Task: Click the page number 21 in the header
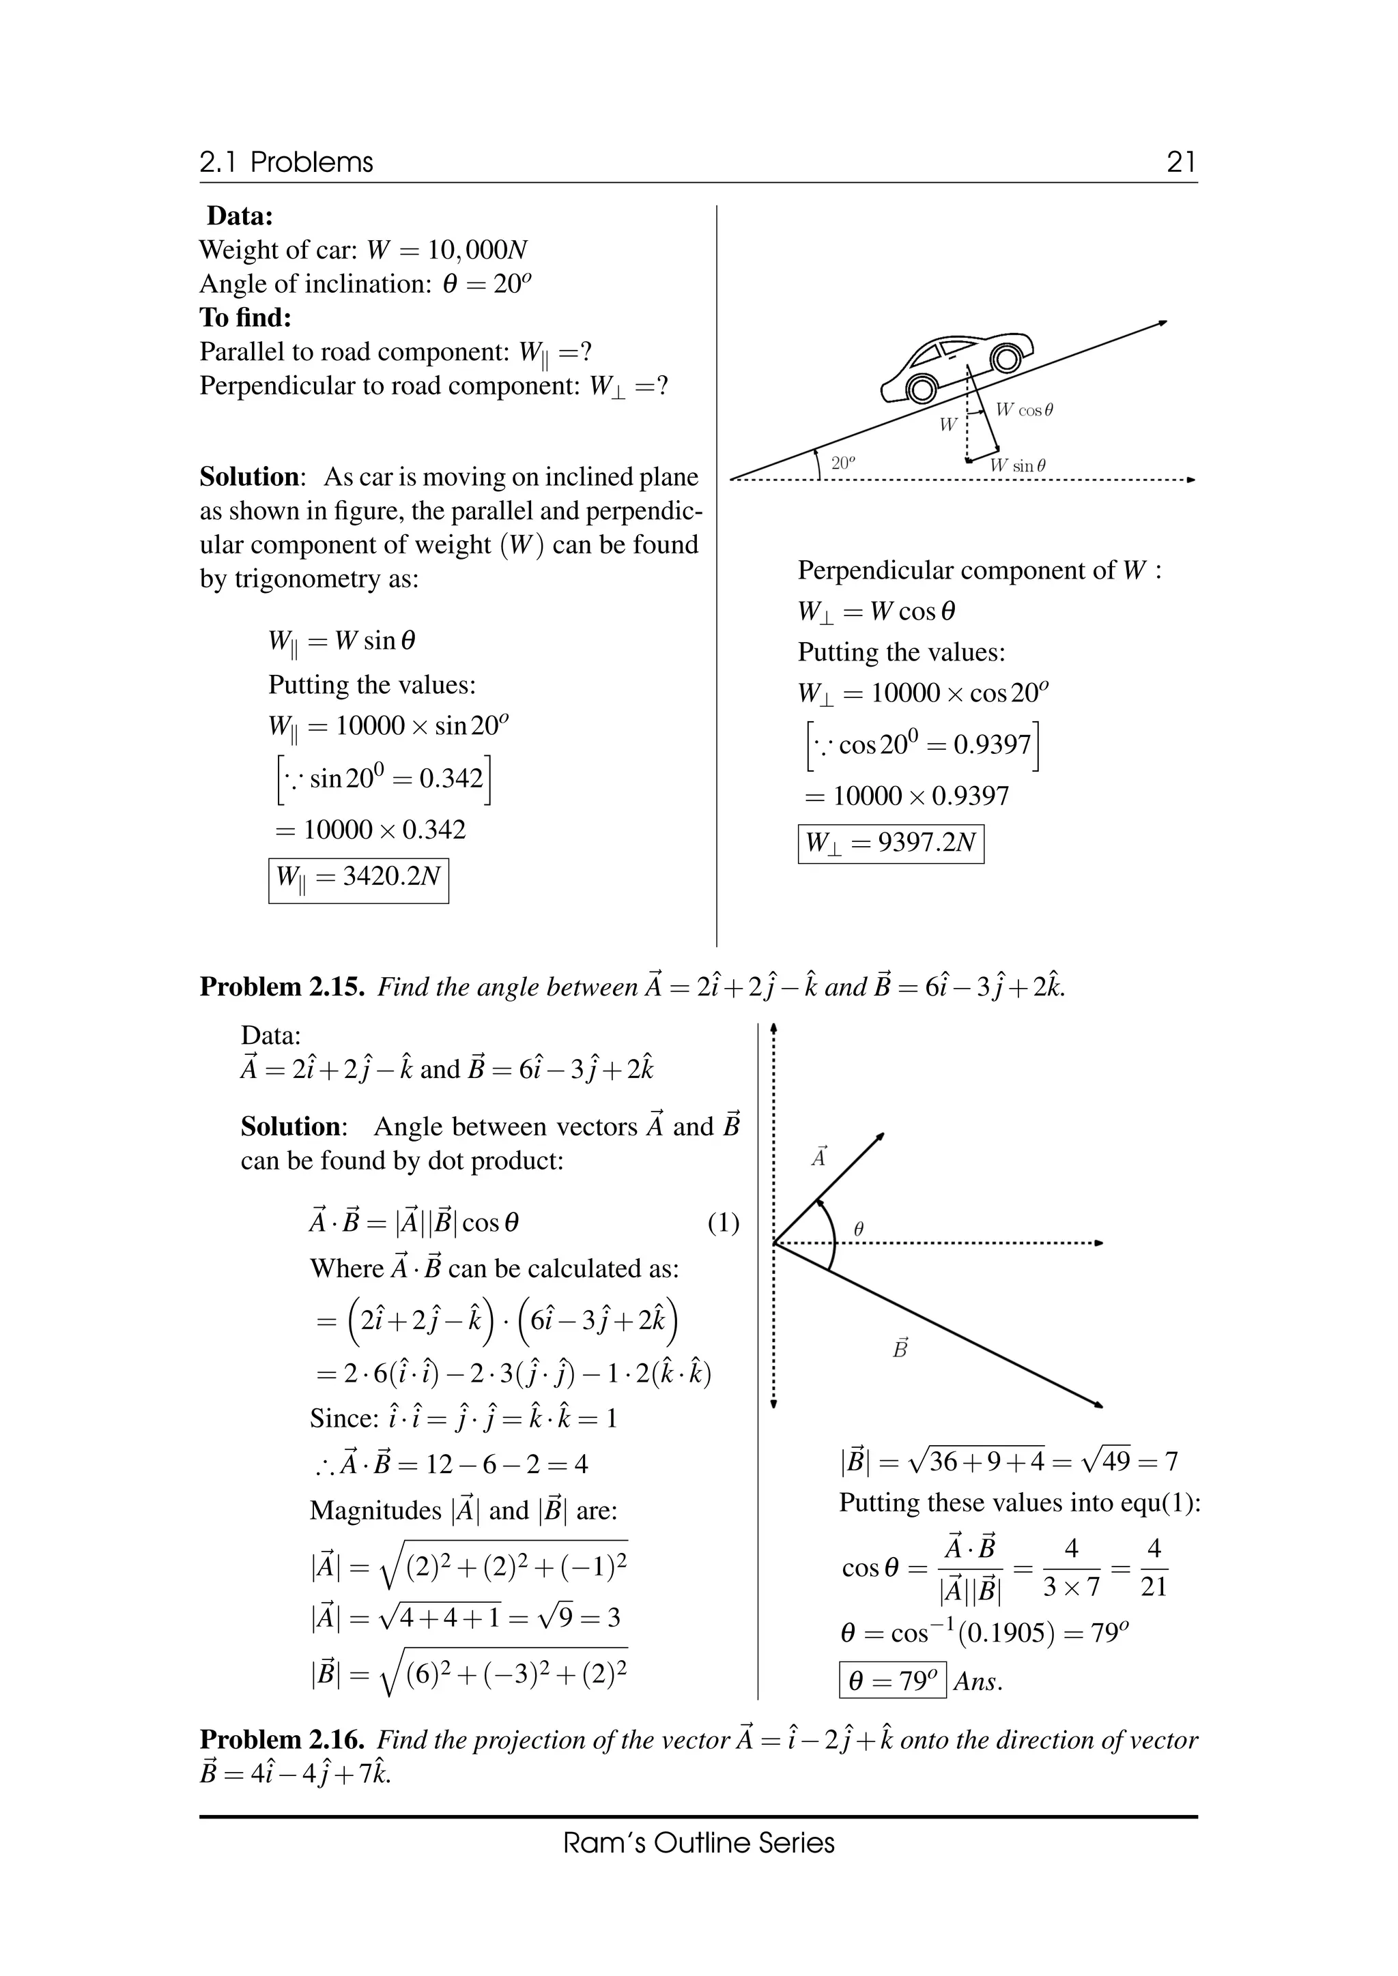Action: tap(1181, 162)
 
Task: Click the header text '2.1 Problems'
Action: tap(286, 162)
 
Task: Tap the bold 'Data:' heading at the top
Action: tap(240, 216)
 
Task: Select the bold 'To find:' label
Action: tap(245, 317)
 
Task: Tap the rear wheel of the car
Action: tap(921, 389)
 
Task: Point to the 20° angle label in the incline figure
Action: tap(844, 463)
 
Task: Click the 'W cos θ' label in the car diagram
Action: tap(1025, 411)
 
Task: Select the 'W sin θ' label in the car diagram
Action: tap(1018, 465)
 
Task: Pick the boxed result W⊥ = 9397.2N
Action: tap(890, 843)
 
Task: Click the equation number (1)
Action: tap(723, 1223)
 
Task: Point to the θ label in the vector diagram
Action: tap(857, 1230)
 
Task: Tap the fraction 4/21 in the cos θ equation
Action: tap(1154, 1568)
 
